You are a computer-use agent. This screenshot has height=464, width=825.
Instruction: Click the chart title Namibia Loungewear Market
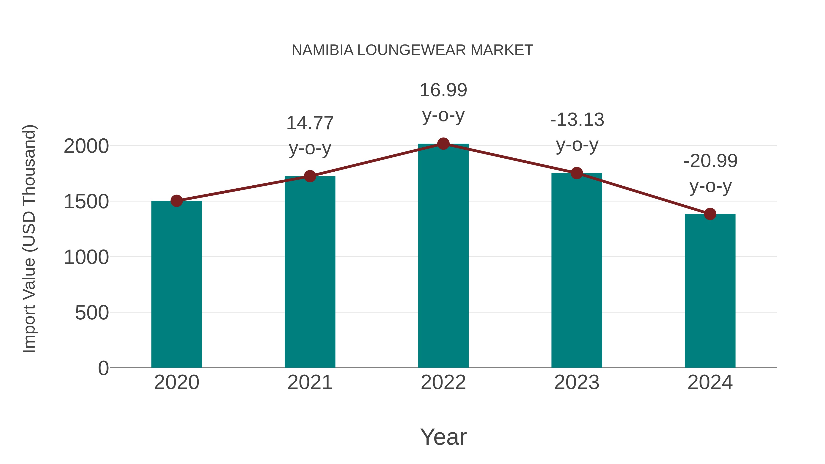(412, 50)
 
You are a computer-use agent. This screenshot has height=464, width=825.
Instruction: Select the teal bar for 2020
(176, 285)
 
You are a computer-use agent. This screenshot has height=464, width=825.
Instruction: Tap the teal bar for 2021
(310, 272)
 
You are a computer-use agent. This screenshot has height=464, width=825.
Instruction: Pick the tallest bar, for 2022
(443, 256)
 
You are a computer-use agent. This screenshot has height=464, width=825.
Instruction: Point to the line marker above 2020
(176, 201)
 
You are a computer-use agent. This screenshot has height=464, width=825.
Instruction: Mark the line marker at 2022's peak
(443, 144)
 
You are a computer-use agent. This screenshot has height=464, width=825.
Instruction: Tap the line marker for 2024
(710, 214)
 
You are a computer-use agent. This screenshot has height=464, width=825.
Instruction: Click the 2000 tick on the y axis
(86, 146)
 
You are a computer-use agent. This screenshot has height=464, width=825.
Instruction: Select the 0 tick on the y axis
(103, 368)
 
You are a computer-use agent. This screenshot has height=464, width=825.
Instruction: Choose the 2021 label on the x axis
(310, 382)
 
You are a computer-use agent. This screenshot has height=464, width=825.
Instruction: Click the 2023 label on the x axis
(577, 382)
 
